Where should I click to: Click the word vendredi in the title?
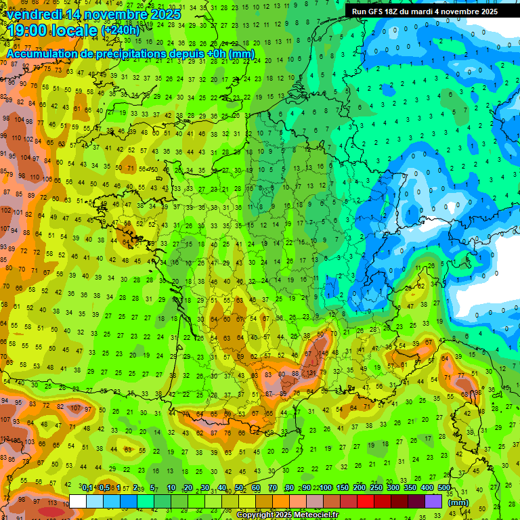[x=37, y=14]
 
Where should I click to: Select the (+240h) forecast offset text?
[x=121, y=30]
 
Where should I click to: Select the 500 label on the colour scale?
[x=444, y=488]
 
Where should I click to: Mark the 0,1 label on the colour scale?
[x=87, y=488]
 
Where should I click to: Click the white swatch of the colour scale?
[x=78, y=501]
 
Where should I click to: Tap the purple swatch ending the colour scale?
[x=433, y=501]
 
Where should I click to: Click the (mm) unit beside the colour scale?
[x=458, y=502]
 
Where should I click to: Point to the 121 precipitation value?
[x=311, y=374]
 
